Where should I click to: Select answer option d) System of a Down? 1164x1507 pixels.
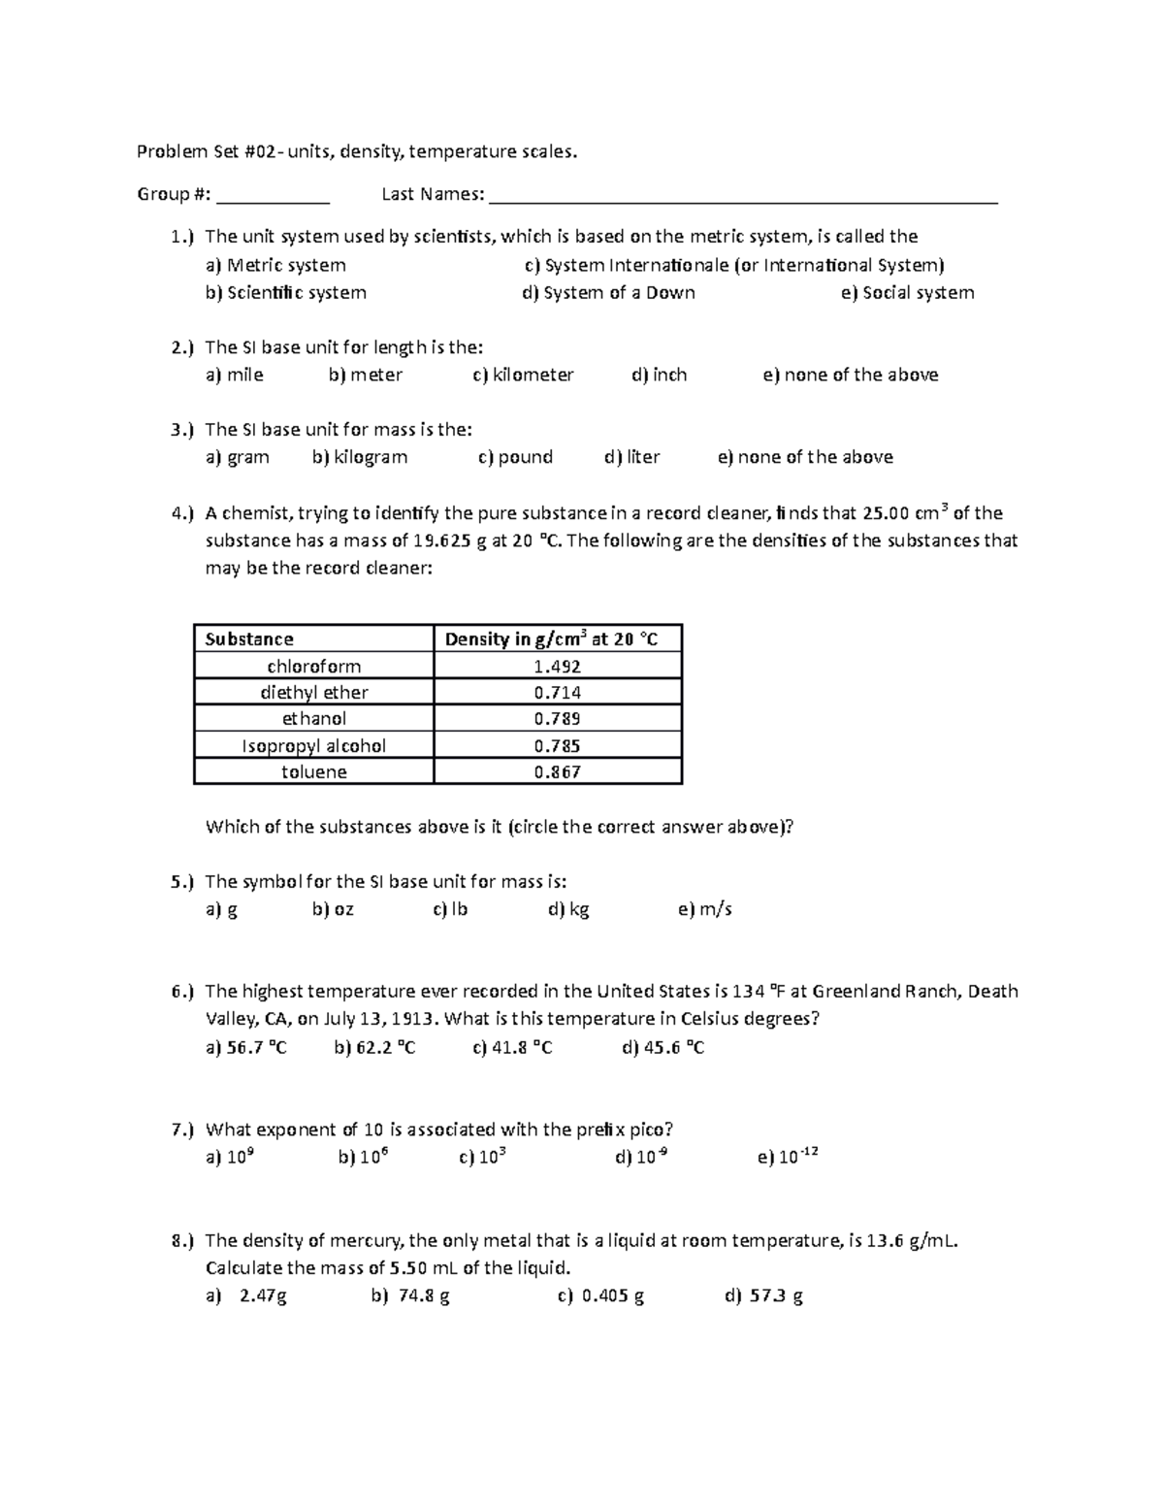tap(608, 293)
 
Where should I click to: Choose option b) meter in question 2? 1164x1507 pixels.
tap(366, 376)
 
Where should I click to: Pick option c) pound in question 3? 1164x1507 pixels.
tap(515, 457)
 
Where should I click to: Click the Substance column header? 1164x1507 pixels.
tap(249, 639)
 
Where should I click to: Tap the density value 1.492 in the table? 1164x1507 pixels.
tap(558, 667)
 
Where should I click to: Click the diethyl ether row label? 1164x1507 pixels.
tap(314, 693)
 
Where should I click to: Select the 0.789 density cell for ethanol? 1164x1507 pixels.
tap(558, 719)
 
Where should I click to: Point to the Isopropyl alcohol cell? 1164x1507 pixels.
tap(314, 746)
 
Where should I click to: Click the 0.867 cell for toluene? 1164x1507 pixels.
tap(558, 772)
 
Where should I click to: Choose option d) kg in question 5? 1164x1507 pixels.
tap(568, 910)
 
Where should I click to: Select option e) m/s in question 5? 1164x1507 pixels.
tap(705, 910)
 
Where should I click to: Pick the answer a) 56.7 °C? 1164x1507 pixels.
tap(246, 1048)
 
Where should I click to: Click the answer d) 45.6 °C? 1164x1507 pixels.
tap(663, 1048)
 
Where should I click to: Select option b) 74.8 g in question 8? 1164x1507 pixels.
tap(410, 1296)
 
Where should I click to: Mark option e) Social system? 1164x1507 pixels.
tap(907, 293)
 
